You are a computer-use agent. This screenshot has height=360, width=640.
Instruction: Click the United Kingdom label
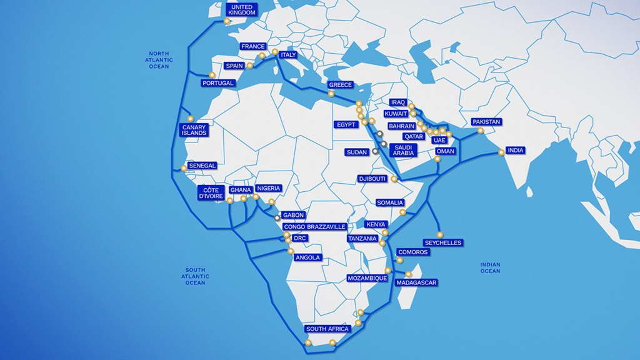[241, 10]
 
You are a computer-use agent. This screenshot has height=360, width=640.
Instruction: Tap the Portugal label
[218, 83]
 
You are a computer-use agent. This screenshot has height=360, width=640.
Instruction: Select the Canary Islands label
[194, 130]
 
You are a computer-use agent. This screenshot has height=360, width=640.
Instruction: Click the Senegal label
[202, 166]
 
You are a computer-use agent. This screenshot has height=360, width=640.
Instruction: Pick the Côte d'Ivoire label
[210, 192]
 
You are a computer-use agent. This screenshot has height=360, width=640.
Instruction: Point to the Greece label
[341, 85]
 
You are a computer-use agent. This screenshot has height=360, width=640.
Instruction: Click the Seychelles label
[442, 242]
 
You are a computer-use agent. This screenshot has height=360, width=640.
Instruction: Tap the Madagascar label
[416, 282]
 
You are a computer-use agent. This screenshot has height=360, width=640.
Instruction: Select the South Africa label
[327, 329]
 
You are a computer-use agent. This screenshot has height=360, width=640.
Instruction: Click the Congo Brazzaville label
[314, 227]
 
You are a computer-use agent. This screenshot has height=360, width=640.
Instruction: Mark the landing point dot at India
[501, 152]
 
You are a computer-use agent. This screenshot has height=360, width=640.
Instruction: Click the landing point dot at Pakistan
[480, 131]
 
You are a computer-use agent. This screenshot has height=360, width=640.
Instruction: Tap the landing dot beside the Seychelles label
[439, 234]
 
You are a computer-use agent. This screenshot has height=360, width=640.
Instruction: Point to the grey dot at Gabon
[277, 217]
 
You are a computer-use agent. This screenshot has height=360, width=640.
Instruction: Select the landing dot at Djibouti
[394, 179]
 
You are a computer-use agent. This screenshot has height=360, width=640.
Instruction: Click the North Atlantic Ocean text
[159, 60]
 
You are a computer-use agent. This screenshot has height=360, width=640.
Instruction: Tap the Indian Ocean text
[490, 267]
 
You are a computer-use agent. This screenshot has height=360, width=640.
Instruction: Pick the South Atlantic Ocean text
[195, 276]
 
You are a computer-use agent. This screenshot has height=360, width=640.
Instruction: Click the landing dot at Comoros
[400, 260]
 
